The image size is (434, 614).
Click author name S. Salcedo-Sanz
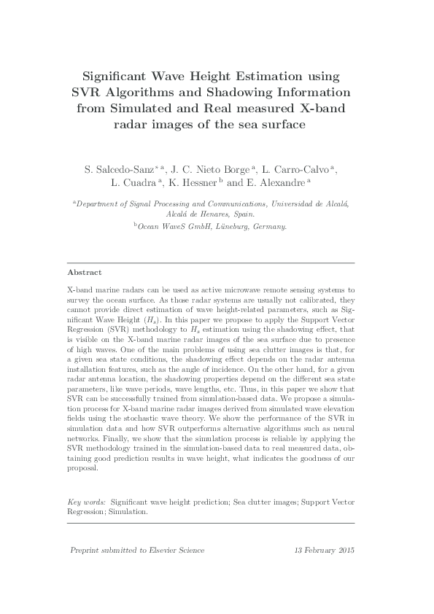[x=115, y=168]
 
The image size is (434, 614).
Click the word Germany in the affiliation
[x=270, y=227]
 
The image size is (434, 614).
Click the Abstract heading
[x=85, y=272]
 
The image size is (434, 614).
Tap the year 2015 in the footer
[x=342, y=551]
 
